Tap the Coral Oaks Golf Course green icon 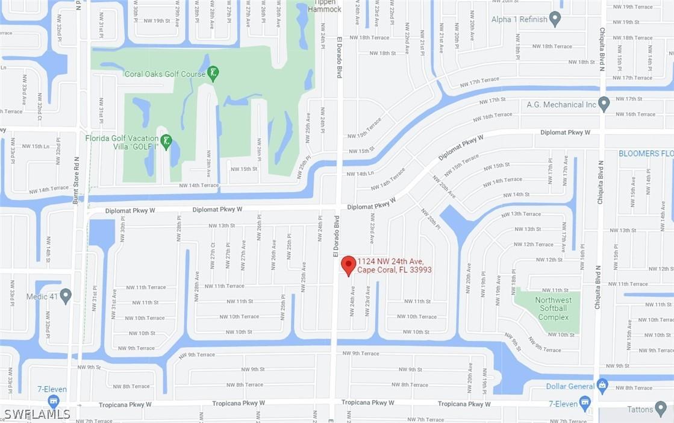213,74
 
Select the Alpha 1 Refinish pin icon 555,19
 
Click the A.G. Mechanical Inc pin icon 604,104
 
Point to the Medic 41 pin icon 66,296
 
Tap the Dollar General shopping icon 602,386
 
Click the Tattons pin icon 661,409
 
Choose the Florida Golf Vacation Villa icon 166,142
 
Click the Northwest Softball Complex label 553,309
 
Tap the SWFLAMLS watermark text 37,414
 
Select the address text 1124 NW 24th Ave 391,261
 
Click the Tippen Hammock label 324,7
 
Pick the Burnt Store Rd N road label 76,180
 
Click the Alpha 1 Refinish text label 519,19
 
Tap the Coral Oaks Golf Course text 164,74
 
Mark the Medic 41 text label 42,296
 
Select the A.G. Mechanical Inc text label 561,105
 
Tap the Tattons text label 640,410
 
